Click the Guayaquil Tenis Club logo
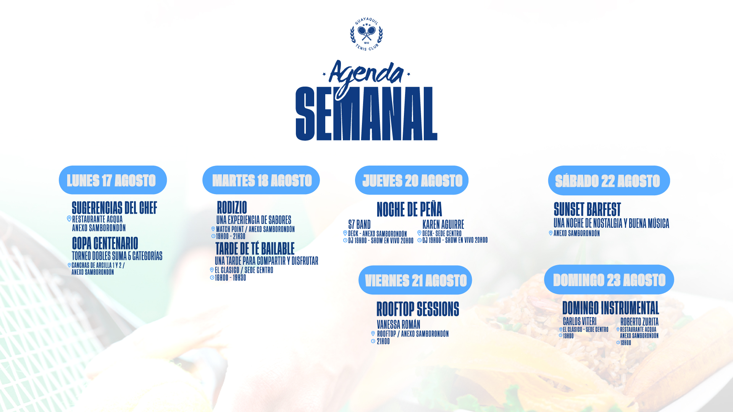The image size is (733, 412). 366,34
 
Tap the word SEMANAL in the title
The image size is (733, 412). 366,114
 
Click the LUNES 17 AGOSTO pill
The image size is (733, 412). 113,180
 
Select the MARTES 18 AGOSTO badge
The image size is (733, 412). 261,180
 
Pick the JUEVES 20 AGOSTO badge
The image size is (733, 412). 412,180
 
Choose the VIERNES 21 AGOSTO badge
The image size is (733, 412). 415,280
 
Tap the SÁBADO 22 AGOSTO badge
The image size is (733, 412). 609,180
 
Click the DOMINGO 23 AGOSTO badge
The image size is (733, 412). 609,279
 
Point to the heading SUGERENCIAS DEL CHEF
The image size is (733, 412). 115,208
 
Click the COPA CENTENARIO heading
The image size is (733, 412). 105,243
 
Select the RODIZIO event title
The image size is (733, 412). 232,208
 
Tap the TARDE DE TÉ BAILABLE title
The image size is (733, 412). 255,249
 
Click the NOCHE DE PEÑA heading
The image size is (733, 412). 409,209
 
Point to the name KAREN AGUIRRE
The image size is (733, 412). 443,224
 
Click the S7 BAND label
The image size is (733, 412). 359,224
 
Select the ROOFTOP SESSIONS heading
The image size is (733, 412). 418,309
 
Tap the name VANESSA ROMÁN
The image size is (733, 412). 399,324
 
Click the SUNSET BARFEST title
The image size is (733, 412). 587,209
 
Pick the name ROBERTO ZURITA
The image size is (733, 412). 639,322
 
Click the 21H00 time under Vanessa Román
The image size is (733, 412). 383,341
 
